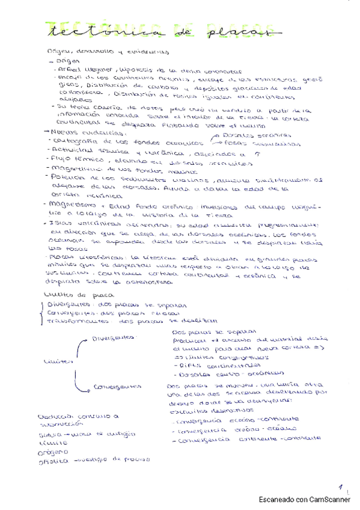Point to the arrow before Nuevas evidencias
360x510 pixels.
click(x=47, y=131)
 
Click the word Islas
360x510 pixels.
click(x=60, y=222)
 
